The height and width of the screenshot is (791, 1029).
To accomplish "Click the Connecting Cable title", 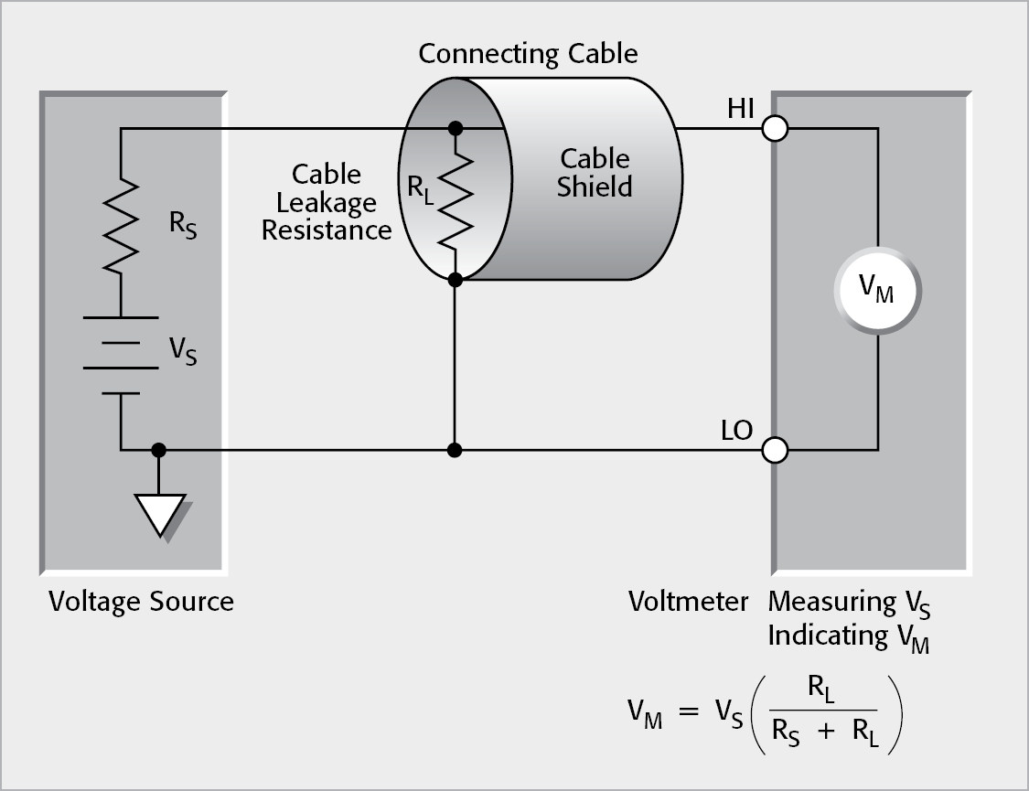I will (x=528, y=53).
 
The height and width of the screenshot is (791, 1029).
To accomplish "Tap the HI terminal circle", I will (x=775, y=129).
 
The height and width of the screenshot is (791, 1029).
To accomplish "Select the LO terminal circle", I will (x=775, y=450).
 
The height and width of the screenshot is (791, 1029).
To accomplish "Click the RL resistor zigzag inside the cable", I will (x=455, y=201).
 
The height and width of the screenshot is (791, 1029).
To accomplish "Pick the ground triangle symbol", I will (x=159, y=514).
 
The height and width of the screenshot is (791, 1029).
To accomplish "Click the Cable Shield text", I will (x=595, y=173).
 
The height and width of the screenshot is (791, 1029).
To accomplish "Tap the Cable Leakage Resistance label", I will (x=327, y=202).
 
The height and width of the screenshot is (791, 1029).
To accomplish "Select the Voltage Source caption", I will (x=141, y=602).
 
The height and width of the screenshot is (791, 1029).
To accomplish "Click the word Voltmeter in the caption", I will (x=688, y=602).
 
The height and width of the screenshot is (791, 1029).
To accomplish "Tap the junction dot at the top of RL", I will (x=455, y=129).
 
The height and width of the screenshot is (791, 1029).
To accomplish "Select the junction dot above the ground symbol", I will (x=159, y=450).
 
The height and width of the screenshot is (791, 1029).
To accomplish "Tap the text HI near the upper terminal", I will (x=740, y=110).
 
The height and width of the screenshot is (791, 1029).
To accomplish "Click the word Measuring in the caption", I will (x=832, y=602).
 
